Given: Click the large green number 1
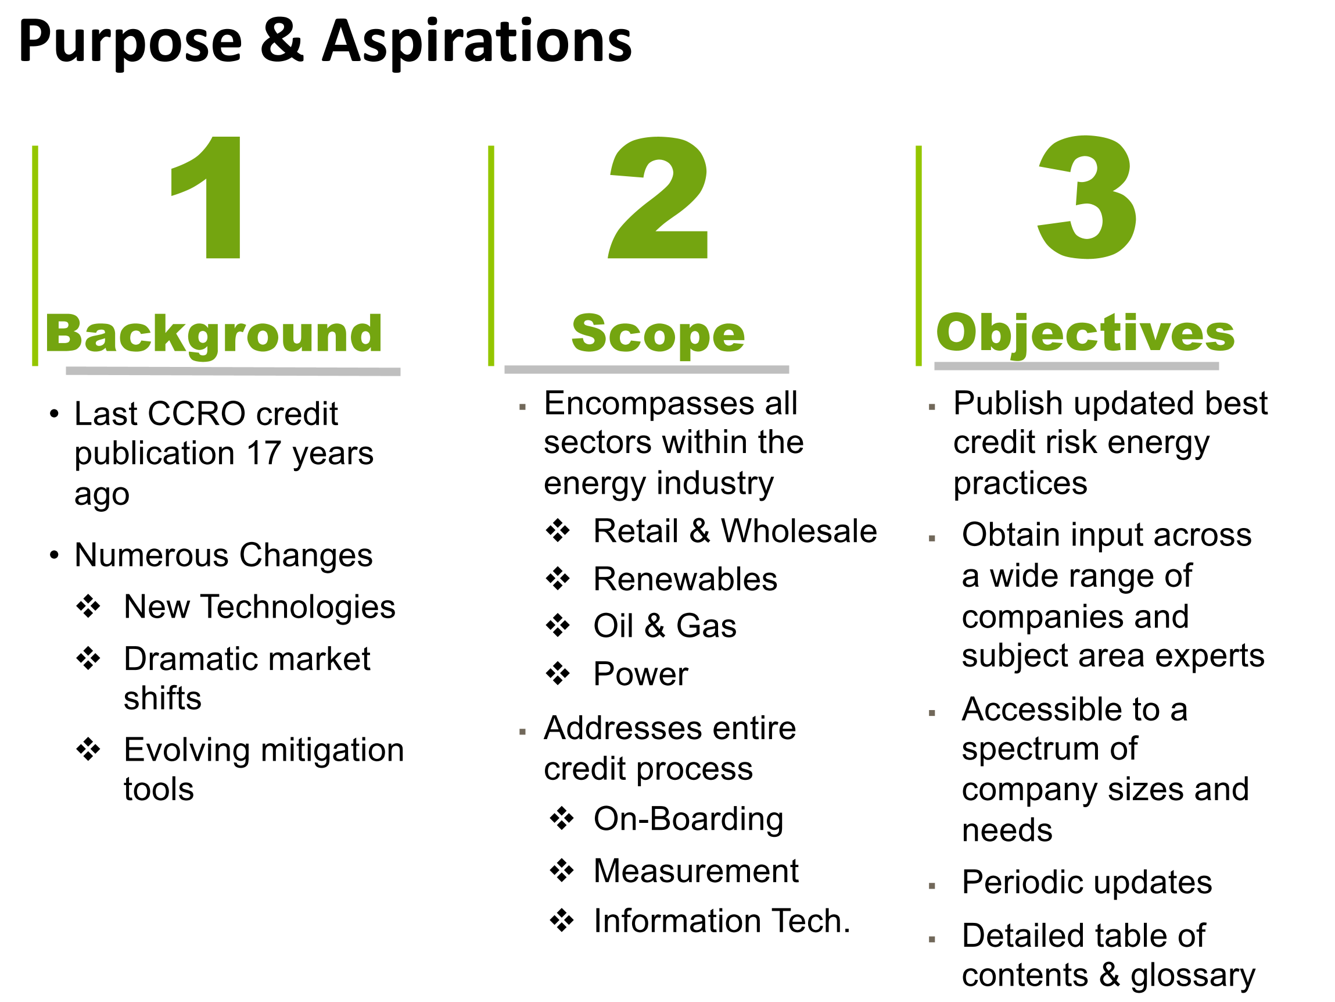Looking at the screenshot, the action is [x=208, y=198].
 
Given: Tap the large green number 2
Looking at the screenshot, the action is [x=658, y=198].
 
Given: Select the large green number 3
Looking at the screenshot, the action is [x=1086, y=198].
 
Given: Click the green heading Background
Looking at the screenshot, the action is [x=214, y=334].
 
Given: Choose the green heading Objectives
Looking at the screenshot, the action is [x=1085, y=334].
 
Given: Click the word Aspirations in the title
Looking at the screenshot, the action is [x=477, y=42].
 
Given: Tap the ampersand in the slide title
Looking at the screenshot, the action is [x=282, y=41].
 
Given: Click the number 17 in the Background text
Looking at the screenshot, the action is [x=264, y=453].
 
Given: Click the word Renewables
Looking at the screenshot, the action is [x=685, y=579].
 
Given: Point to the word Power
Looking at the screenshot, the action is [x=640, y=674].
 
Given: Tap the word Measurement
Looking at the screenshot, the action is [x=696, y=871].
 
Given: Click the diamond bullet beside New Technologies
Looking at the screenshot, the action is [x=88, y=606].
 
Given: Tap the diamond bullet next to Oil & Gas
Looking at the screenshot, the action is [x=558, y=625].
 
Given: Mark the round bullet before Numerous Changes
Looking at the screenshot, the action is [x=54, y=554].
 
